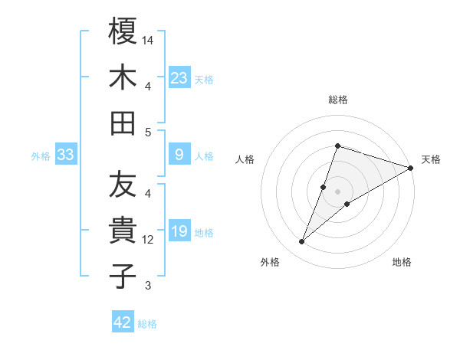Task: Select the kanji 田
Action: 123,123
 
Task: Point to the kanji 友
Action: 123,184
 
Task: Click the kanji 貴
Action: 123,230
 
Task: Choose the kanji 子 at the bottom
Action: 123,276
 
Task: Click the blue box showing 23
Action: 179,78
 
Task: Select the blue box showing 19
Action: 179,232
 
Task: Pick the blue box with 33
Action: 66,155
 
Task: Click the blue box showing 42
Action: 123,322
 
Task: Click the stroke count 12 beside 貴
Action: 149,240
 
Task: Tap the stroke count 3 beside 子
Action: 148,286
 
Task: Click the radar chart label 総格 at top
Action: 338,100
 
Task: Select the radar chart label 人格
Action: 245,159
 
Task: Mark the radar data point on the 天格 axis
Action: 410,169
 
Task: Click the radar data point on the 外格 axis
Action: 302,242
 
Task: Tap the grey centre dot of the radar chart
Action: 338,191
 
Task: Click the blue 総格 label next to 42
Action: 147,324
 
